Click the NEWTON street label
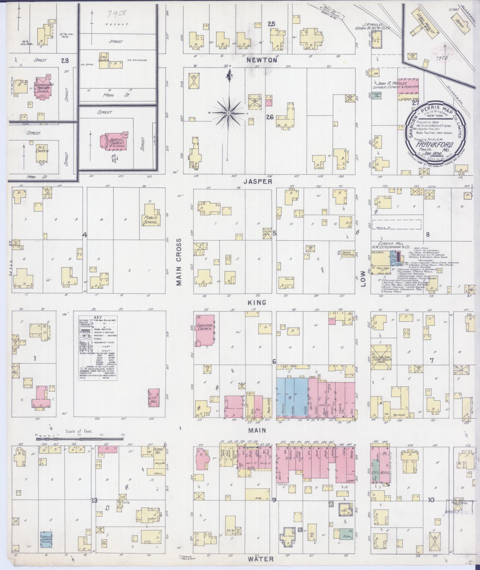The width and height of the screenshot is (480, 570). [262, 60]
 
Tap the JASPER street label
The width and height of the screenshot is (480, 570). [258, 181]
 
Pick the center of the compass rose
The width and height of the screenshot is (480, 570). [229, 114]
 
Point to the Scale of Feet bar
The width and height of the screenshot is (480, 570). [79, 439]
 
